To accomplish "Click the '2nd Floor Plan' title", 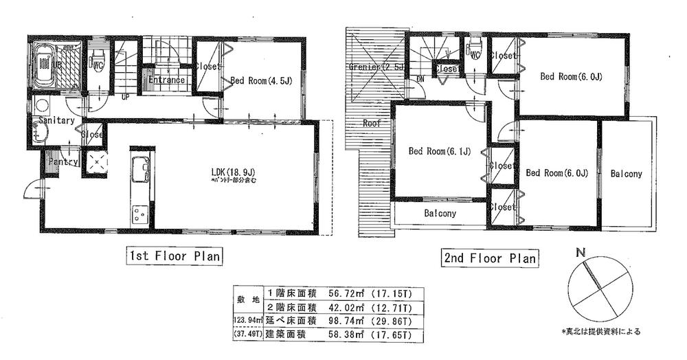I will coord(489,259).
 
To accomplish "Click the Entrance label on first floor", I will coord(167,80).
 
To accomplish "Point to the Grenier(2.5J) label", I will coord(375,67).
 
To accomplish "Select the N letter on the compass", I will coord(581,254).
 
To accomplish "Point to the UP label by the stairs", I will coord(126,97).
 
